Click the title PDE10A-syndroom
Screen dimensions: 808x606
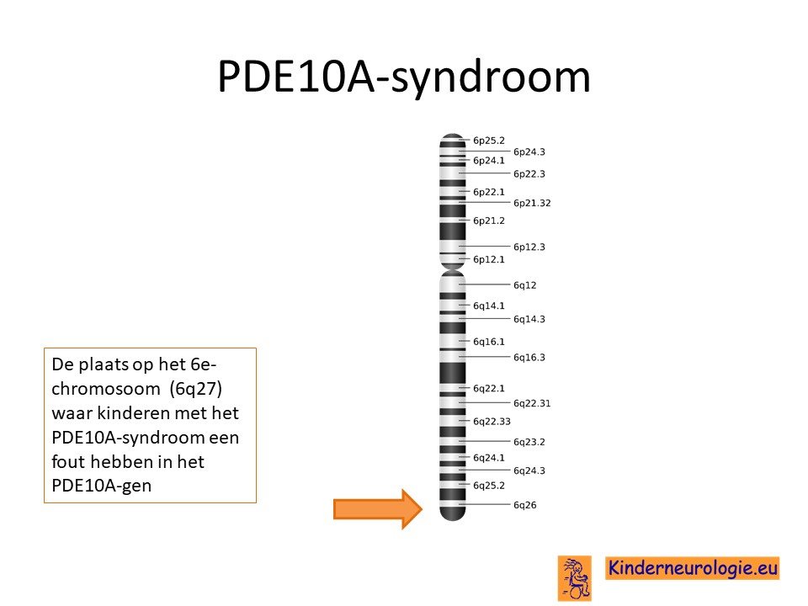tap(404, 77)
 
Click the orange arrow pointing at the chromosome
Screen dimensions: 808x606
tap(378, 509)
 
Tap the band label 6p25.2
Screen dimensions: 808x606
tap(488, 141)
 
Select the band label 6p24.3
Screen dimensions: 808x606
tap(529, 151)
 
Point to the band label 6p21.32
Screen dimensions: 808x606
tap(532, 203)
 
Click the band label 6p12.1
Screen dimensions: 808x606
tap(488, 259)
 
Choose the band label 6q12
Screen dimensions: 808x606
tap(524, 285)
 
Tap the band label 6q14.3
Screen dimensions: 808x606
tap(529, 319)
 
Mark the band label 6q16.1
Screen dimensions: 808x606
tap(488, 342)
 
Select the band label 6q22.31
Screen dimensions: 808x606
tap(532, 403)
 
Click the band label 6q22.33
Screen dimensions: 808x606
tap(492, 422)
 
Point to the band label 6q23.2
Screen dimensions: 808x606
tap(529, 442)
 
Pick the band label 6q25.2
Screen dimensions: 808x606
tap(488, 486)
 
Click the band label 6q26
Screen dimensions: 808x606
tap(524, 505)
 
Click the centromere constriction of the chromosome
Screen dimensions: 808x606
tap(453, 269)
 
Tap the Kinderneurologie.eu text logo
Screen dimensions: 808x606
tap(692, 568)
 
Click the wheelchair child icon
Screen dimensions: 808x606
tap(575, 578)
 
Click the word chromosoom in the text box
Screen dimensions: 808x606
tap(106, 389)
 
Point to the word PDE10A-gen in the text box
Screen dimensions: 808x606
tap(102, 486)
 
